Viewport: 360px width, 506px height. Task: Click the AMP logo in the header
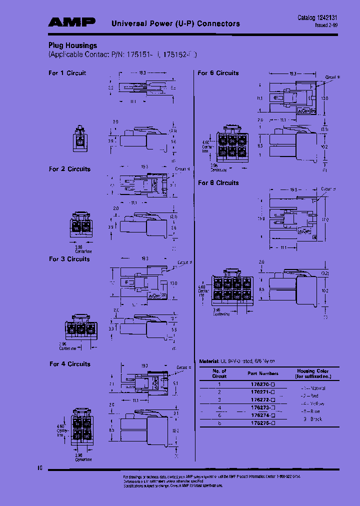71,22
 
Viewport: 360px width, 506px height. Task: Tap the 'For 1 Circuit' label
67,73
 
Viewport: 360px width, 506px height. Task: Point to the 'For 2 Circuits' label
69,169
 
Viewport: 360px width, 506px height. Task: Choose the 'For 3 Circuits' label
69,259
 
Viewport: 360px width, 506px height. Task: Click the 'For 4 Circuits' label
69,364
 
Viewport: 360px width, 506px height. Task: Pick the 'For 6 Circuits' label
218,73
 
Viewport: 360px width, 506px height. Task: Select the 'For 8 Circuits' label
218,183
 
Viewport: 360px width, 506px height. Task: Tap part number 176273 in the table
261,408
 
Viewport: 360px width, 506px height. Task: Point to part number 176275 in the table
261,423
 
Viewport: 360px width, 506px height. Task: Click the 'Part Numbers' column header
262,373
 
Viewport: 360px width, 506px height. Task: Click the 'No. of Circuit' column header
219,373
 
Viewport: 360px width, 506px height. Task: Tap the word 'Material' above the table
208,361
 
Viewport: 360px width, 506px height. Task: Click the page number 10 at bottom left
40,468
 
